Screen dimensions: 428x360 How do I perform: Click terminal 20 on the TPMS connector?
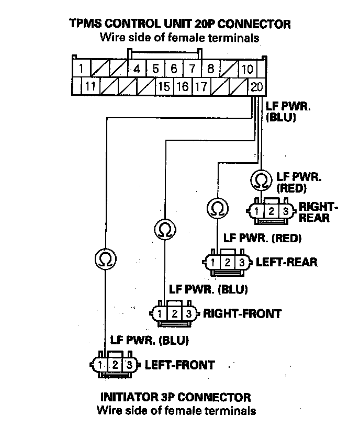256,87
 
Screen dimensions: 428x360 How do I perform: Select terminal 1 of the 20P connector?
81,69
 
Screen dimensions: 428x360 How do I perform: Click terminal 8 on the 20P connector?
210,69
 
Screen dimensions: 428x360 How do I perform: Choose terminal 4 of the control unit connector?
137,69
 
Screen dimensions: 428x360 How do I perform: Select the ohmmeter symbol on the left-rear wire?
217,208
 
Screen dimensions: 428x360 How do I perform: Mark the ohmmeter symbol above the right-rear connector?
260,180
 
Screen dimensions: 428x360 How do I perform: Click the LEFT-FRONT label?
179,365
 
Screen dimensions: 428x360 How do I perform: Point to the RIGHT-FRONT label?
242,314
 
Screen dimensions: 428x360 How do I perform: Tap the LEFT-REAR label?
286,262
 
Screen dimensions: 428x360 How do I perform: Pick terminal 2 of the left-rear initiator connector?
228,262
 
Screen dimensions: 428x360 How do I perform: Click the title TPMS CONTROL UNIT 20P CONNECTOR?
179,24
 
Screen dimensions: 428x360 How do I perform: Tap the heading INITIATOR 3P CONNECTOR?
176,398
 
